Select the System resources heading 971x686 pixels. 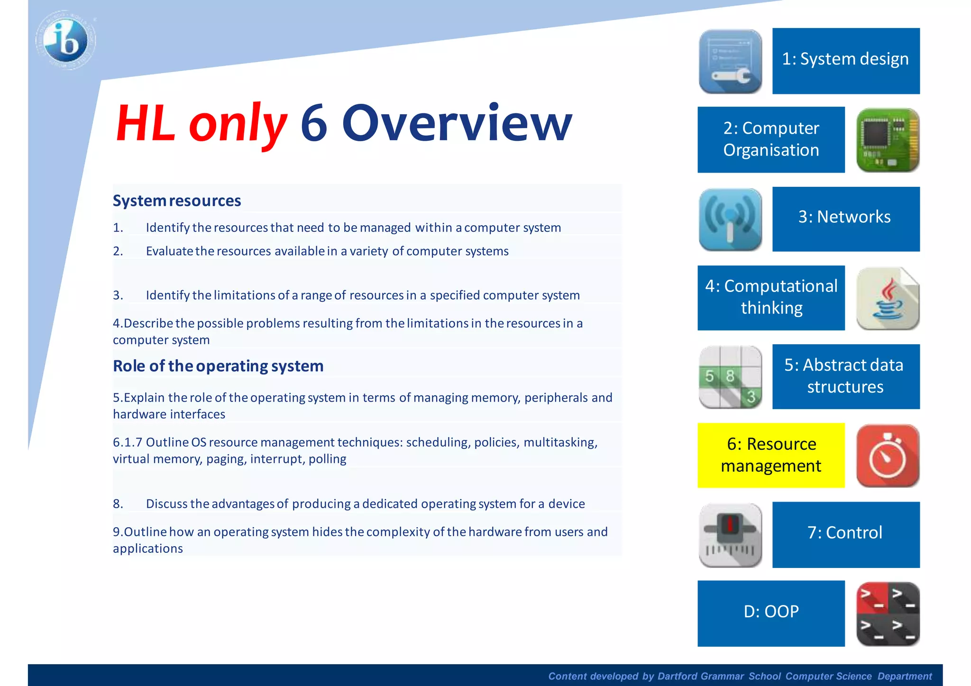click(x=177, y=201)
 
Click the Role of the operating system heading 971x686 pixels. click(x=218, y=366)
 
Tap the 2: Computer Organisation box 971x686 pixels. click(x=771, y=139)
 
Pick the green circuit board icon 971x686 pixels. click(x=888, y=140)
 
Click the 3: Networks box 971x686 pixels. click(x=846, y=219)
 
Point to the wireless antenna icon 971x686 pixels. click(x=730, y=219)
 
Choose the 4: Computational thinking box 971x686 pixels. click(x=771, y=297)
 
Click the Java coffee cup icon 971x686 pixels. click(x=888, y=298)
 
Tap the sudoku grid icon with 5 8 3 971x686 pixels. click(x=730, y=377)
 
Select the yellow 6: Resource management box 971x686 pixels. click(x=771, y=455)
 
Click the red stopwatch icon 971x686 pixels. click(x=888, y=456)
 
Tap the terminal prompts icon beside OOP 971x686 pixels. click(x=888, y=614)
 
